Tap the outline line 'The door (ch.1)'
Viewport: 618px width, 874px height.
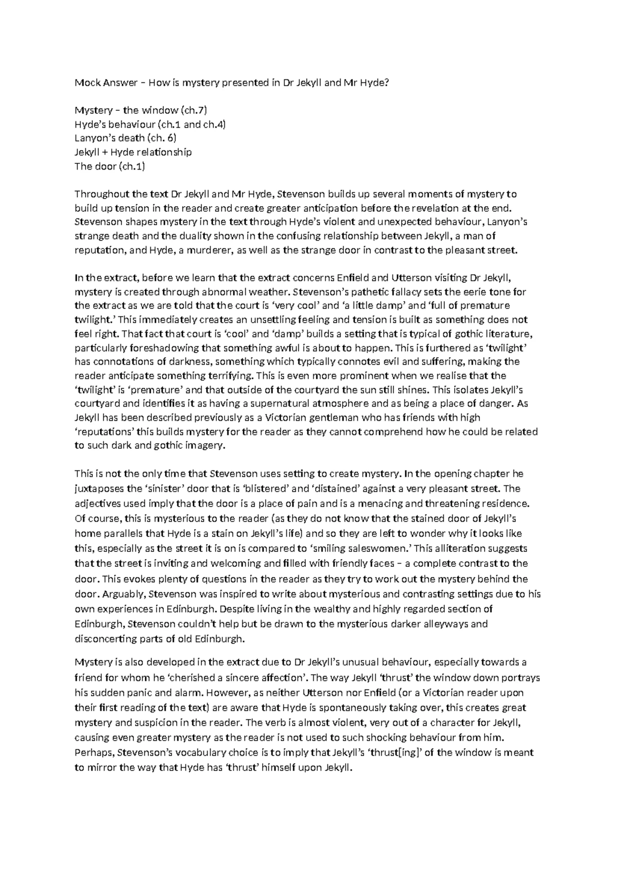[x=110, y=166]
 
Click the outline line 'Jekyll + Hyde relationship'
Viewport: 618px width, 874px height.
[x=133, y=152]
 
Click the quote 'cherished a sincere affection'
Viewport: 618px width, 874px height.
[x=237, y=677]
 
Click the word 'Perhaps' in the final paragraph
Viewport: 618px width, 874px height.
[x=94, y=752]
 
